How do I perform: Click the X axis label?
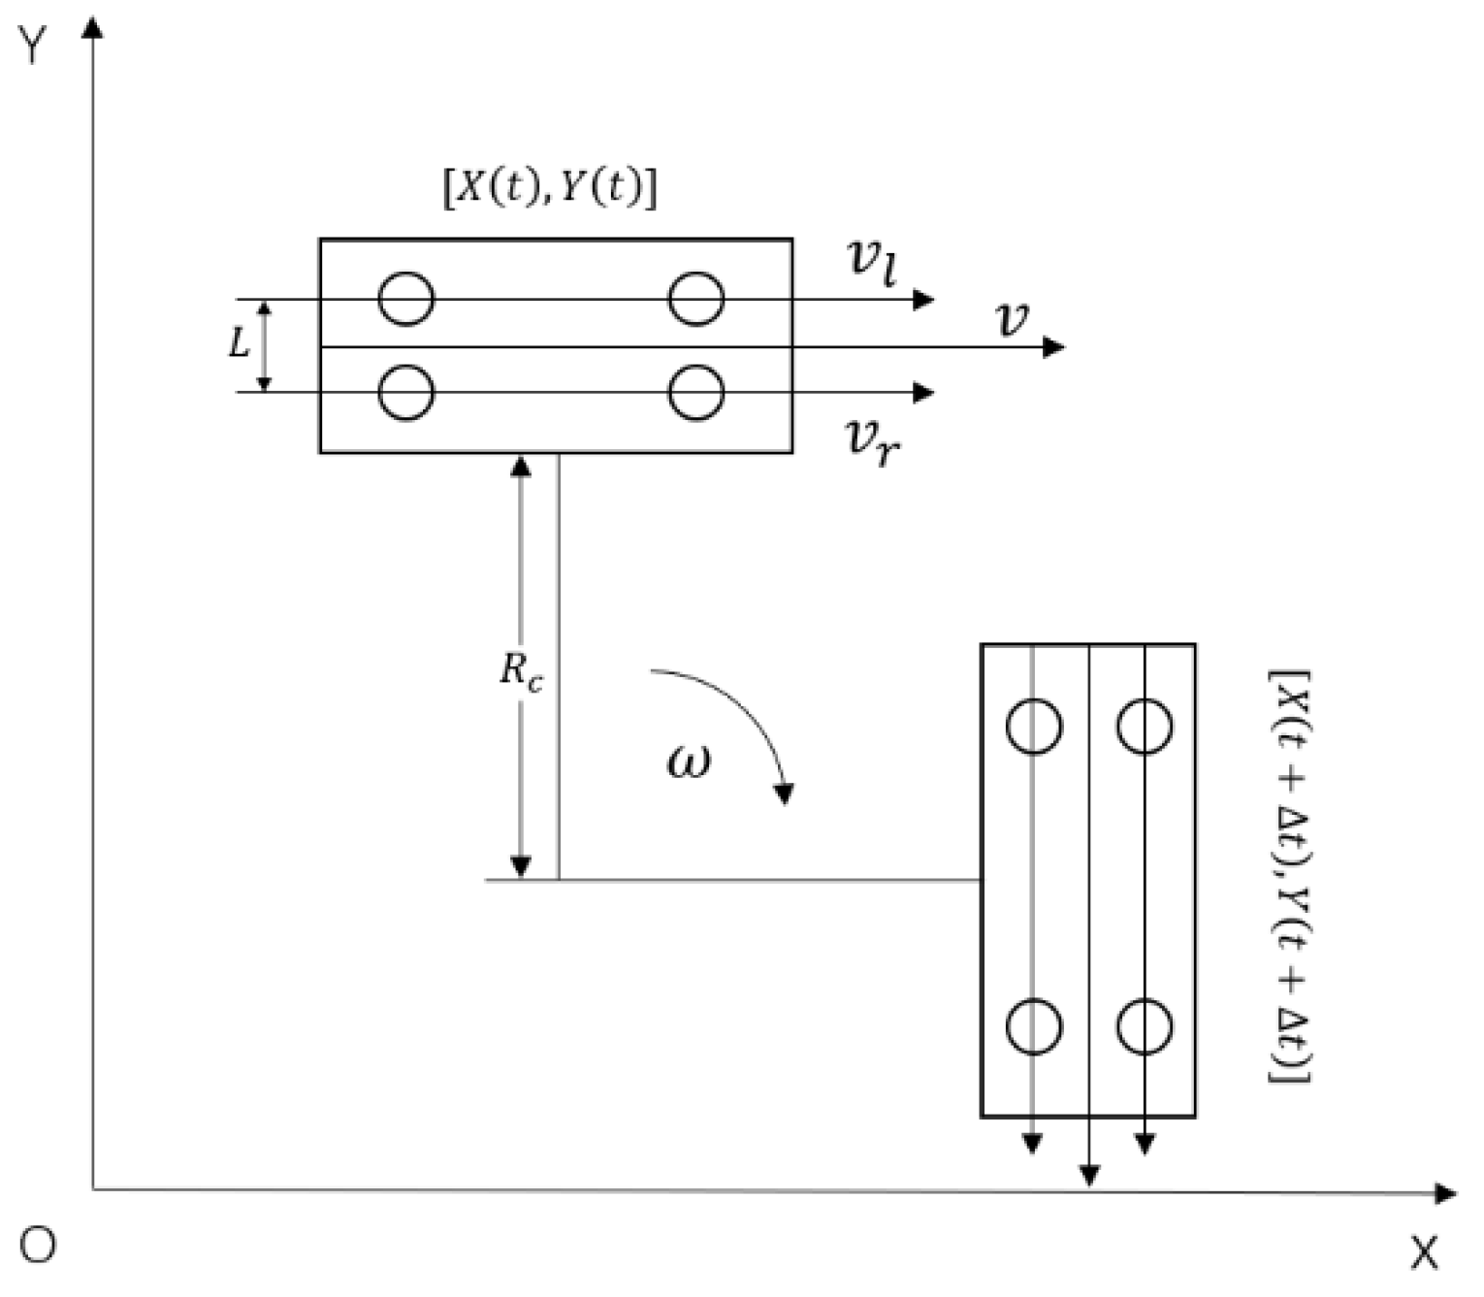(x=1424, y=1254)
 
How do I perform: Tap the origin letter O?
(x=37, y=1245)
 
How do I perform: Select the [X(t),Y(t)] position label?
(x=550, y=188)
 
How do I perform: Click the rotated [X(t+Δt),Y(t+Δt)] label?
(x=1291, y=876)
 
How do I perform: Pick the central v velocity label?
(x=1013, y=319)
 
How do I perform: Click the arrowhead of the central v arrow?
(x=1055, y=346)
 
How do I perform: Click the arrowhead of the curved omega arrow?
(x=785, y=794)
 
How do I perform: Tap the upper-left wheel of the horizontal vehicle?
(x=405, y=298)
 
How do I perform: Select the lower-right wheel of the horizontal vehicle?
(x=695, y=392)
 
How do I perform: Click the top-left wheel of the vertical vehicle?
(x=1034, y=727)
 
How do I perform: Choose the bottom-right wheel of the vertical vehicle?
(x=1145, y=1026)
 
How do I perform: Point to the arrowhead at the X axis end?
(x=1446, y=1192)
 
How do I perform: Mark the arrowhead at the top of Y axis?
(x=93, y=26)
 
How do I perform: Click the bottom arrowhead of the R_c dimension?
(x=521, y=866)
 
